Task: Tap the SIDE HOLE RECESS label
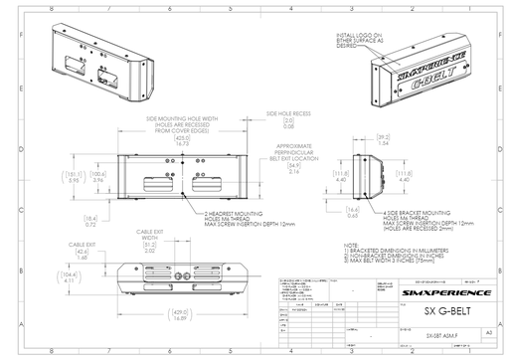point(285,114)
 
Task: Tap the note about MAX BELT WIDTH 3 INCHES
point(394,259)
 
